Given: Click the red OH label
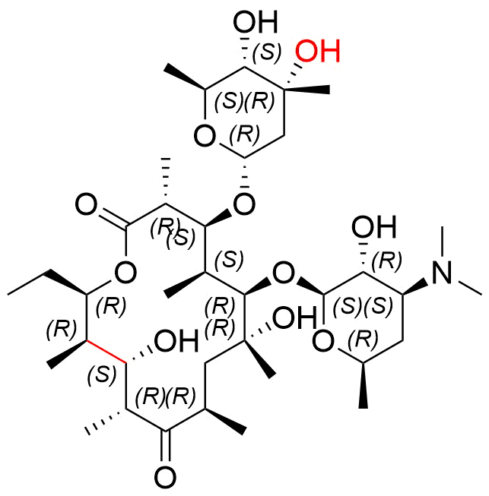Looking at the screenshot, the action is tap(318, 51).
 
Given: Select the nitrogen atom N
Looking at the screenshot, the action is tap(442, 273).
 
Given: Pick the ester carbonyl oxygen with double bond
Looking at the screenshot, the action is tap(86, 205).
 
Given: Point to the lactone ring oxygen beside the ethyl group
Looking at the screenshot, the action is tap(125, 273).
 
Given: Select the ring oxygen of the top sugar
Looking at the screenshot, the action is tap(205, 136).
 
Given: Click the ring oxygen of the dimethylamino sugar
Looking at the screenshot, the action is tap(323, 342).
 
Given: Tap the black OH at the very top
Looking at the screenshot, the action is tap(256, 21).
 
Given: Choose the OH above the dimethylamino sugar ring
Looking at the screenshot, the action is tap(374, 227).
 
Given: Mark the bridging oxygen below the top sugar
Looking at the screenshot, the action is tap(244, 204).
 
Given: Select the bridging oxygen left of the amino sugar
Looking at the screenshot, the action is tap(284, 273).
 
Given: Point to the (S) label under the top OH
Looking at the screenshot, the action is tap(267, 52).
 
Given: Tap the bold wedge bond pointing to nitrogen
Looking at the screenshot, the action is tap(416, 287).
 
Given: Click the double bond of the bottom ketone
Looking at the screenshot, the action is tap(166, 446).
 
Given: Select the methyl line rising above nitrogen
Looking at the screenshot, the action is tap(442, 240).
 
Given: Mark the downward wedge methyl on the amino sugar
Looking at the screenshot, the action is tap(364, 385).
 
